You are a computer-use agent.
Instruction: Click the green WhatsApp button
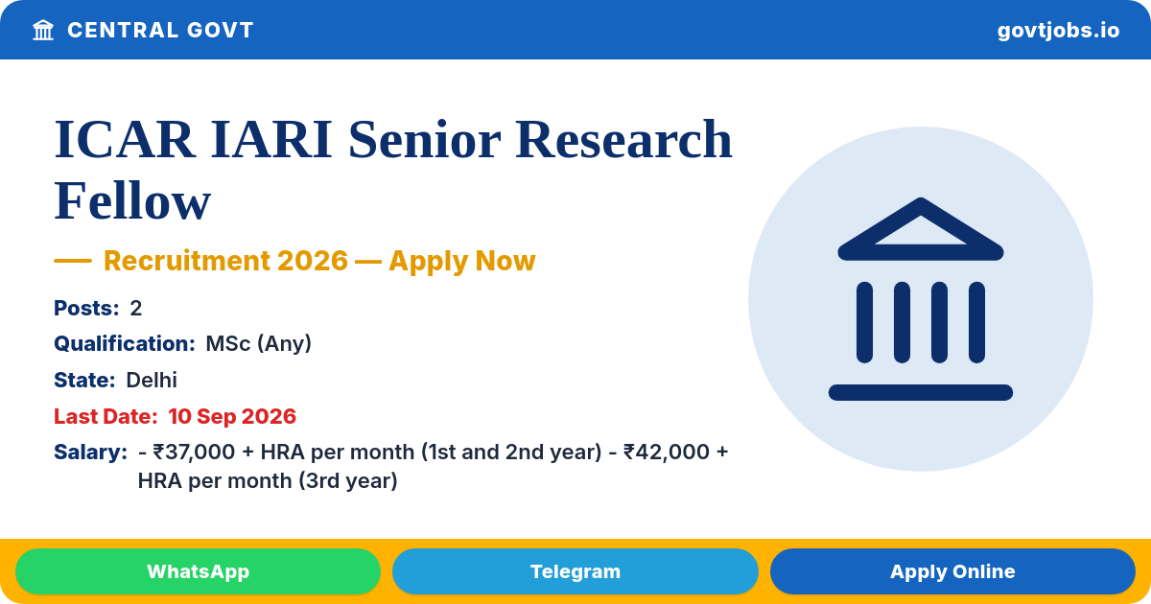coord(198,571)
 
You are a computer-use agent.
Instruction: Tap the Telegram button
coord(575,571)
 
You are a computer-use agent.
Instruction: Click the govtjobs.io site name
coord(1058,31)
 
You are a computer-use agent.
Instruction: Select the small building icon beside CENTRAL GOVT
coord(43,30)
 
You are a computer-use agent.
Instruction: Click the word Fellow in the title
coord(132,200)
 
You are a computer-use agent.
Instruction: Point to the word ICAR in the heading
coord(125,140)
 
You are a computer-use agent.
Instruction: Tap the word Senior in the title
coord(424,140)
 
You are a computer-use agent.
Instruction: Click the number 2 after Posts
coord(135,308)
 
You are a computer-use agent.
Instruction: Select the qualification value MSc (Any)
coord(258,343)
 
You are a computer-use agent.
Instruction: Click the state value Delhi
coord(152,380)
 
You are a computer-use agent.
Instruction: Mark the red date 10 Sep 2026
coord(232,416)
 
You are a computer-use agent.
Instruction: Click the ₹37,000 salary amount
coord(194,452)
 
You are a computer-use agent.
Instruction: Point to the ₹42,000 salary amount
coord(665,452)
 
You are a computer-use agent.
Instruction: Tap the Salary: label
coord(90,452)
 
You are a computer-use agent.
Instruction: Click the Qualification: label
coord(125,343)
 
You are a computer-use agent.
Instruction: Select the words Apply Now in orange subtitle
coord(462,261)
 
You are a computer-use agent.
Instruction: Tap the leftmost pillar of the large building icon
coord(864,322)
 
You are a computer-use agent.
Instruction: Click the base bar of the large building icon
coord(920,392)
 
